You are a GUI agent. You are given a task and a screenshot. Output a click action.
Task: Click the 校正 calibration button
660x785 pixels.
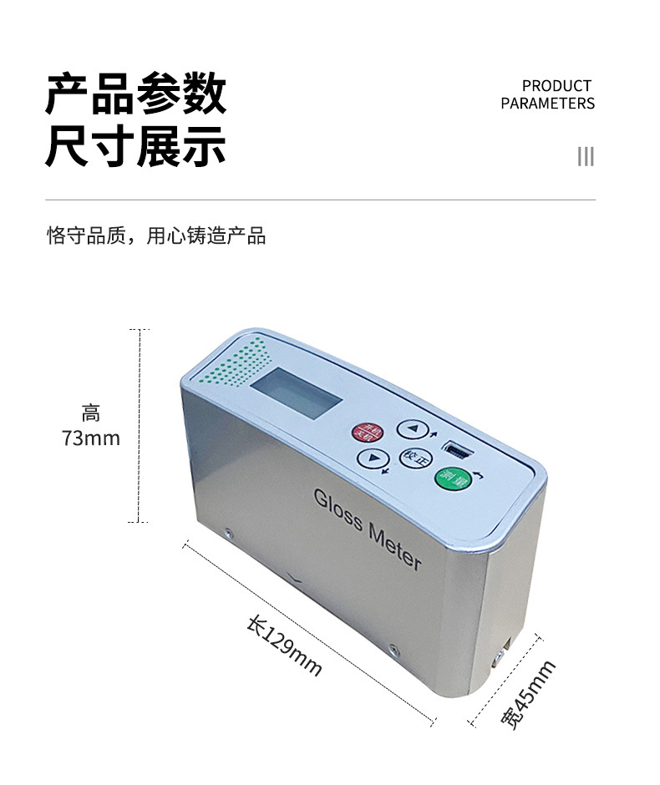click(412, 457)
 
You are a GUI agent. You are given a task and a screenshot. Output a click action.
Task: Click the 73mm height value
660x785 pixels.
click(91, 438)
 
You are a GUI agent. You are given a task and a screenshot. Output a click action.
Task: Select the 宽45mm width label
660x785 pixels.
click(529, 695)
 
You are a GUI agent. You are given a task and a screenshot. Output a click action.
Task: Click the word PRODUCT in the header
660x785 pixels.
click(556, 86)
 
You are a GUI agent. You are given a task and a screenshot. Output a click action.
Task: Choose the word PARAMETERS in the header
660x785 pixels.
click(548, 104)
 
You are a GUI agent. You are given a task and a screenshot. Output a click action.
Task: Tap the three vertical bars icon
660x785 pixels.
click(586, 156)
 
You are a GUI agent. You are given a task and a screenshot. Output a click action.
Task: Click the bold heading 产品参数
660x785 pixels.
click(135, 94)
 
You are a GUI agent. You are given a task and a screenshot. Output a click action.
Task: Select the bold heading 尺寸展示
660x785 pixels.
click(135, 147)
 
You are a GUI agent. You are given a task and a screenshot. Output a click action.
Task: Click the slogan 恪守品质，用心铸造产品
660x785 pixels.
click(156, 236)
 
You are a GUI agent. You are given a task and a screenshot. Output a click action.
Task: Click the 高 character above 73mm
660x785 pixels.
click(91, 413)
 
